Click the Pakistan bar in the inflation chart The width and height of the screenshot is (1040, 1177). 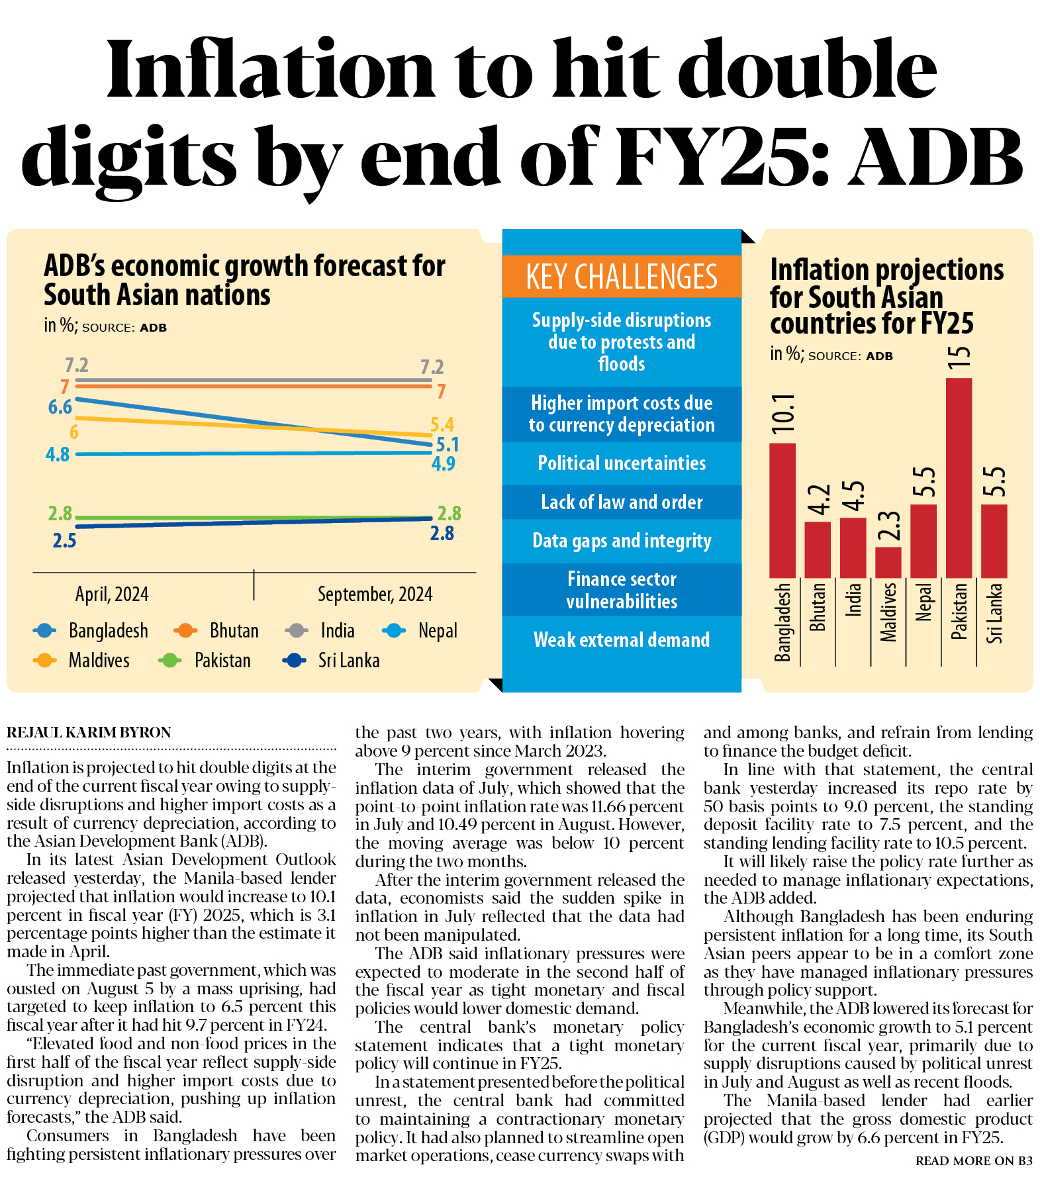point(959,477)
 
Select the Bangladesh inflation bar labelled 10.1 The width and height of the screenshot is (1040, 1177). point(782,510)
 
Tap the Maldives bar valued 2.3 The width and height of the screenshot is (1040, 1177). point(888,562)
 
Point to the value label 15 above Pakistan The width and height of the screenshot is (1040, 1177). point(959,357)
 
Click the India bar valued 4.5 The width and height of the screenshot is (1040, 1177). point(853,547)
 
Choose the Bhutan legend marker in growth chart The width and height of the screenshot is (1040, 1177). point(185,631)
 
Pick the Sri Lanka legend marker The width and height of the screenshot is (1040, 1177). point(294,660)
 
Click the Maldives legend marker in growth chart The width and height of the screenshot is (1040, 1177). point(44,660)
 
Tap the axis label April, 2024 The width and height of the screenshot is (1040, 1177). point(112,594)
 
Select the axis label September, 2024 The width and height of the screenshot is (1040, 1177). point(375,594)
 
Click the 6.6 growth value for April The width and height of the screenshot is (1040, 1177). point(60,406)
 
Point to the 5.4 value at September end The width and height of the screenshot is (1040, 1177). point(442,424)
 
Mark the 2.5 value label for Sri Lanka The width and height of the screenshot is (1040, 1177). point(64,541)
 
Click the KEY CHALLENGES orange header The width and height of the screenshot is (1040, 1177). point(621,277)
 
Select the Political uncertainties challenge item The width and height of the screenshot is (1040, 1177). point(621,463)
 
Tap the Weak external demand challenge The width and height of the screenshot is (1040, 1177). point(621,639)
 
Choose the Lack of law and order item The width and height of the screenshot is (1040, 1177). point(621,502)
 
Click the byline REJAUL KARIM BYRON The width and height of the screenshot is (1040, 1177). point(89,732)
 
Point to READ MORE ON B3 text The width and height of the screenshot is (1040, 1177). point(973,1160)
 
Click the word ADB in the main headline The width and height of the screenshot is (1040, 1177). point(937,158)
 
